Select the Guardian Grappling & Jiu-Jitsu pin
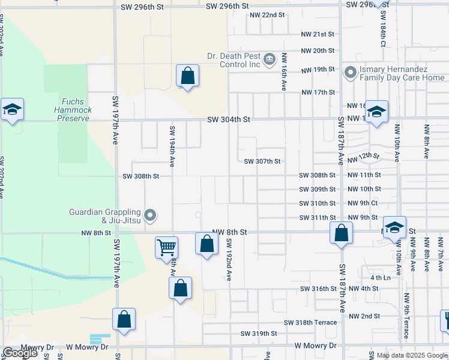click(151, 214)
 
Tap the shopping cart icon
click(166, 247)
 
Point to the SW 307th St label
click(262, 161)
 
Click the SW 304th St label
click(228, 119)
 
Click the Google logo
click(19, 353)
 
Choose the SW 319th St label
click(259, 333)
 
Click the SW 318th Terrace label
click(319, 322)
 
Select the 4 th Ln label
click(380, 278)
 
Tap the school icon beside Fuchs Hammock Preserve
click(12, 110)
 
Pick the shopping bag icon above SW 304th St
click(187, 76)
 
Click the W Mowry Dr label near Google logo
click(87, 347)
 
